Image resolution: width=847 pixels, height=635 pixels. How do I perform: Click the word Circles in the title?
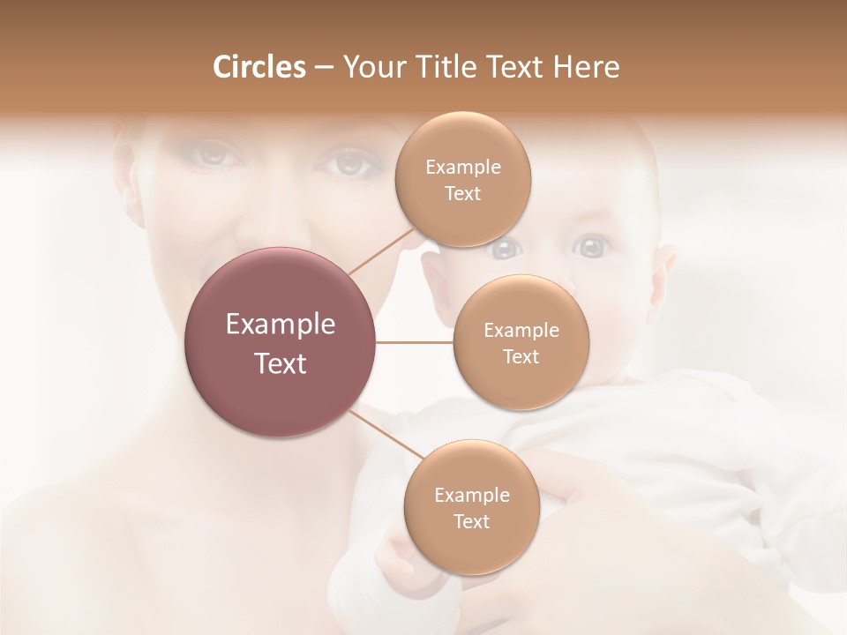tap(259, 67)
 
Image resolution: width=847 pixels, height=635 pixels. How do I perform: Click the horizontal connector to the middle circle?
tap(415, 342)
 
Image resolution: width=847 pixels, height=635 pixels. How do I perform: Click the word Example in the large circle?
tap(281, 325)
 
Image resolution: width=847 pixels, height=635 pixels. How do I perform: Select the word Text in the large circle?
tap(281, 363)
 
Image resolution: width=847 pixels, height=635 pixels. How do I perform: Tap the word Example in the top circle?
tap(462, 168)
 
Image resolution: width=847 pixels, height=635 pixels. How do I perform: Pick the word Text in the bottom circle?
tap(471, 522)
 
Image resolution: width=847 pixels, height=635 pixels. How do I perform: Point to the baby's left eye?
tap(591, 247)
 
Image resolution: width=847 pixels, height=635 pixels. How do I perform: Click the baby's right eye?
tap(506, 249)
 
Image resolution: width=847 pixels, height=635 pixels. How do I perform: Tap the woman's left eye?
tap(352, 163)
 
